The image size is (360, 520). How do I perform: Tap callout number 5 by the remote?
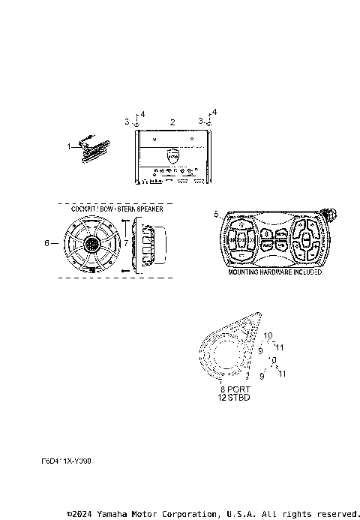tap(217, 215)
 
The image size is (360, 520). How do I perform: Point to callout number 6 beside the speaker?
tap(46, 243)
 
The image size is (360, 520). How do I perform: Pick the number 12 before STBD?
tap(222, 397)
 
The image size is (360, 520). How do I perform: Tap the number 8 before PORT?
tap(222, 389)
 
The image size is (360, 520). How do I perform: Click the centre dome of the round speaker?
tap(92, 245)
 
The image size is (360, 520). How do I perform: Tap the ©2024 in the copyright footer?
tap(78, 514)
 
